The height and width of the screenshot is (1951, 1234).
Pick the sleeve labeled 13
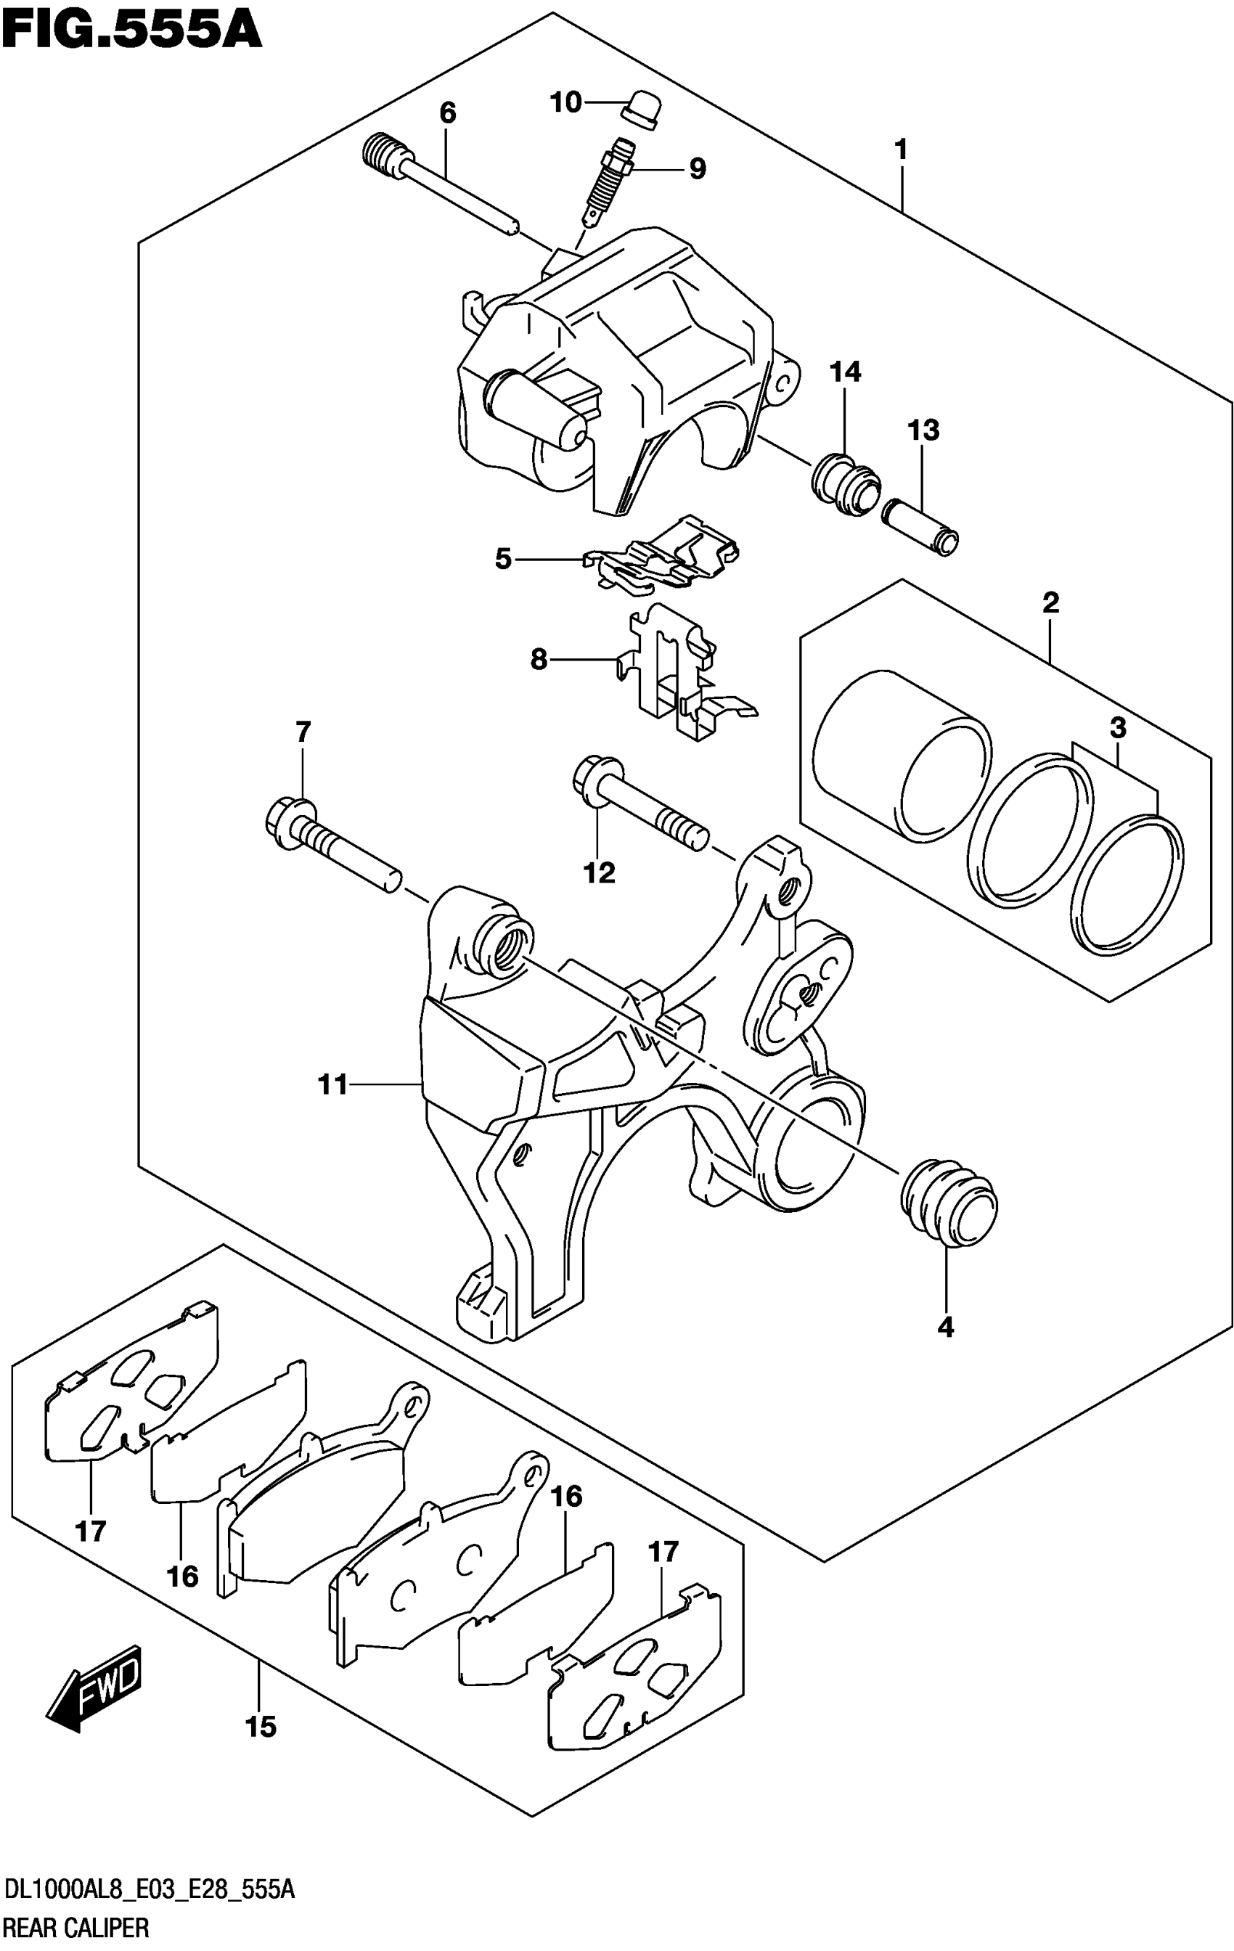[x=920, y=528]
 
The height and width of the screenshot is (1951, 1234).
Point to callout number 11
[x=333, y=1084]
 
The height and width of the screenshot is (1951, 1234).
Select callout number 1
[x=900, y=151]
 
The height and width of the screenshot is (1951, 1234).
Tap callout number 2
[x=1050, y=603]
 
